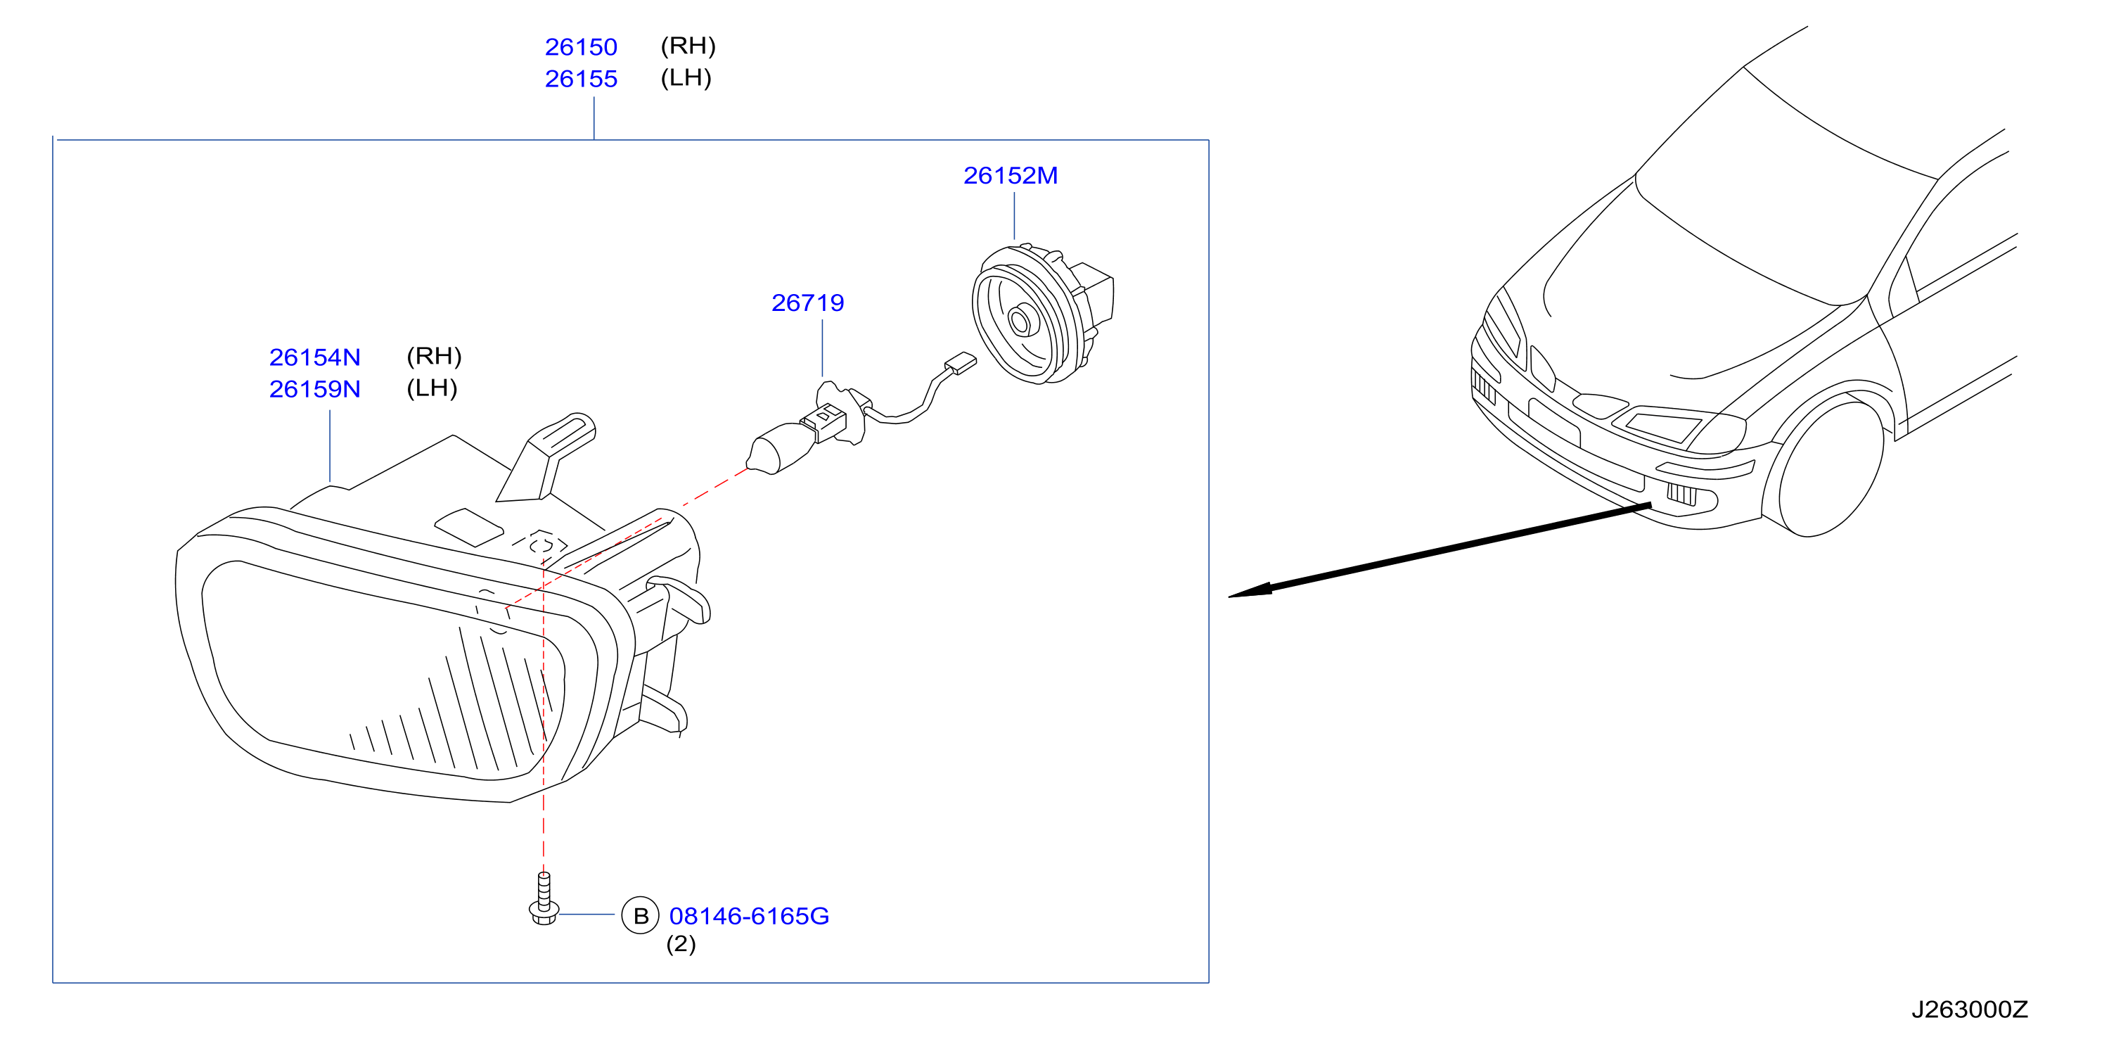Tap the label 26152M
(1011, 175)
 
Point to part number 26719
(807, 303)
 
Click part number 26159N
(314, 389)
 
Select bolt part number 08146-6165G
(748, 915)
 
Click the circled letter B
(640, 915)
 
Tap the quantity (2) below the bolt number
(680, 944)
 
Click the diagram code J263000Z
(1969, 1010)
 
